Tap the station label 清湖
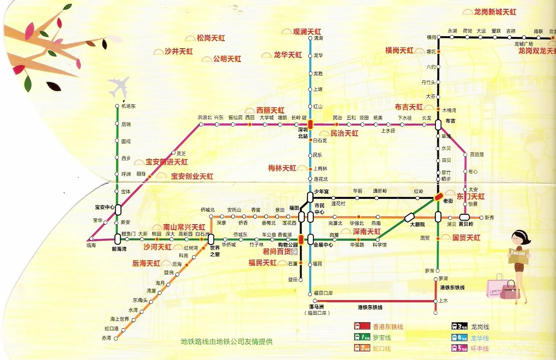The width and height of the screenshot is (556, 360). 318,38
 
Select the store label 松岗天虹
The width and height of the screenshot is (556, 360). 211,38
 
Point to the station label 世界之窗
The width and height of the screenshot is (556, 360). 215,251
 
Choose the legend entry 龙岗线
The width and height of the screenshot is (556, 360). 480,327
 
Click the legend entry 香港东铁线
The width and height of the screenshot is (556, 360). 388,327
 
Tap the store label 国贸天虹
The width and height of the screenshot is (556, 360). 466,237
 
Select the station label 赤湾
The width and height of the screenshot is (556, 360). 107,338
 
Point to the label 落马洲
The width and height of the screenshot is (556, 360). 316,307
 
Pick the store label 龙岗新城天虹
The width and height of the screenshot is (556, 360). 495,12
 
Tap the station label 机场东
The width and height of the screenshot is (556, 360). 129,106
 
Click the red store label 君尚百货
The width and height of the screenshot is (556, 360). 277,252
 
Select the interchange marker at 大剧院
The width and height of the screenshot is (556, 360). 409,217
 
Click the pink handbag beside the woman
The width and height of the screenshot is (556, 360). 510,290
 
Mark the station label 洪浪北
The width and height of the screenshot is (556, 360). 204,118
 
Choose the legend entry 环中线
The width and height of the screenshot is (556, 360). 480,348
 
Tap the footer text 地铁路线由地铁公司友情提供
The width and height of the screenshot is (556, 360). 227,342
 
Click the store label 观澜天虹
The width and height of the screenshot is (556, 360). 307,31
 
